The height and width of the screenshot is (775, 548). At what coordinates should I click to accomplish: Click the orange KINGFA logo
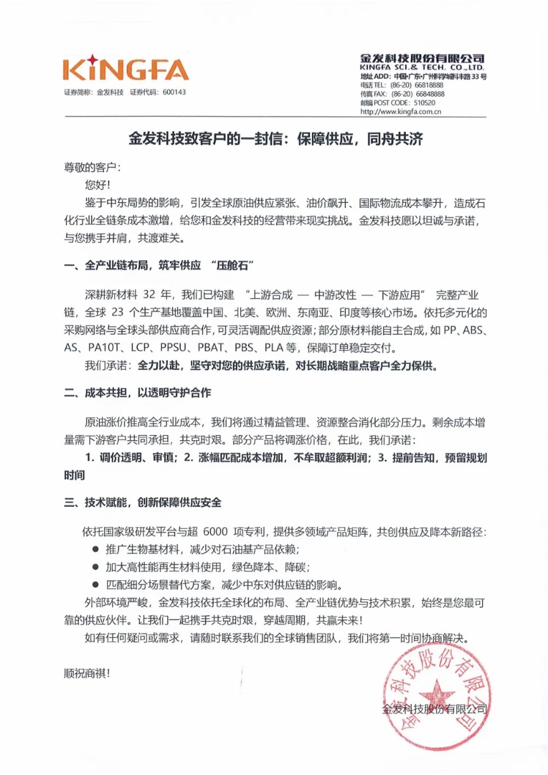(x=126, y=69)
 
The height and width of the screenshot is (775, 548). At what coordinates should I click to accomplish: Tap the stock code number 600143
(x=174, y=92)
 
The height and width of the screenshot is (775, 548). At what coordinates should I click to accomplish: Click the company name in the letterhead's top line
(x=422, y=58)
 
